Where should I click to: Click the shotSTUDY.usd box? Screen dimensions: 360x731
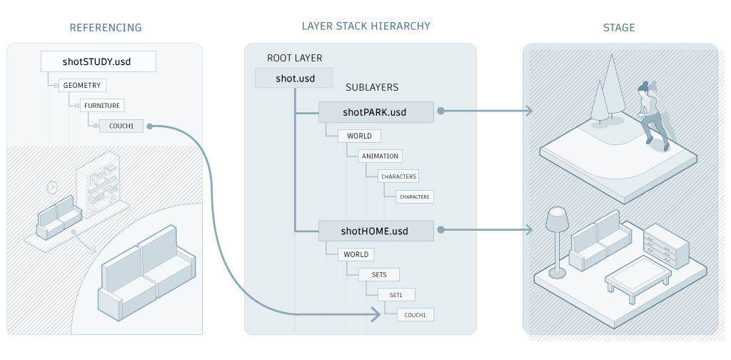pyautogui.click(x=97, y=61)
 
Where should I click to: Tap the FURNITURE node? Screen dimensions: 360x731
pyautogui.click(x=101, y=106)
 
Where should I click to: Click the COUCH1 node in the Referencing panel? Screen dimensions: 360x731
pyautogui.click(x=121, y=126)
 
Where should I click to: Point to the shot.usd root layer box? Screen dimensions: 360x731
pyautogui.click(x=295, y=78)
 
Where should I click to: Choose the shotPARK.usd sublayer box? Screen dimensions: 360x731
pyautogui.click(x=375, y=111)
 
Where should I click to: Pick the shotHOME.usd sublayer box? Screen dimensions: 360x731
pyautogui.click(x=375, y=231)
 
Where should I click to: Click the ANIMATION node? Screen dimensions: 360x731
pyautogui.click(x=380, y=156)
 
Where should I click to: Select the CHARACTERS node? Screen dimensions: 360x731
pyautogui.click(x=398, y=176)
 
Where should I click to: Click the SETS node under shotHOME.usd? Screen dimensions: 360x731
pyautogui.click(x=379, y=274)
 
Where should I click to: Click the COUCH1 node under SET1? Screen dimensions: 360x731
pyautogui.click(x=414, y=314)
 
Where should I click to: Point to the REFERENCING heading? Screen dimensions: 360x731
pyautogui.click(x=105, y=28)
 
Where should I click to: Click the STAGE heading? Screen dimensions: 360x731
pyautogui.click(x=619, y=28)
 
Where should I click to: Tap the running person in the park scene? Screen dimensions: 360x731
pyautogui.click(x=652, y=114)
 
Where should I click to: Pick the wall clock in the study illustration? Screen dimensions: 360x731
pyautogui.click(x=51, y=187)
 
